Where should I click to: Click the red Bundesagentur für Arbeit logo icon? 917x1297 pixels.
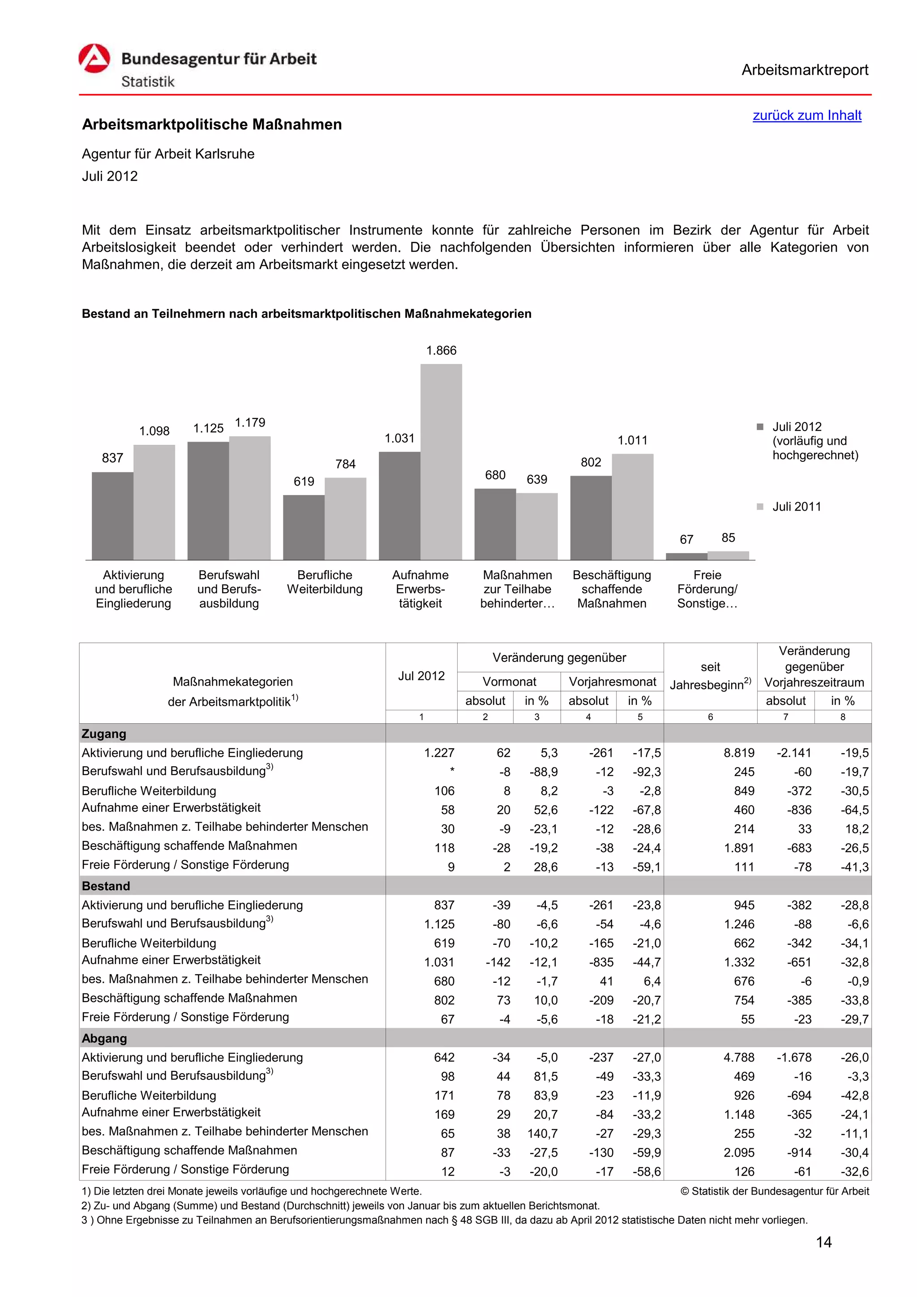point(94,59)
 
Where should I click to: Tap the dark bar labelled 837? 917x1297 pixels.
point(112,515)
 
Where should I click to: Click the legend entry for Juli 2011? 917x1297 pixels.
point(796,507)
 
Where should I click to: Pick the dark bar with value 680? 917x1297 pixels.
point(495,524)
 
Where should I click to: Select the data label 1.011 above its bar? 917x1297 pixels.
point(632,440)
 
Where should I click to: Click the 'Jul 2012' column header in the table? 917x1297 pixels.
point(421,676)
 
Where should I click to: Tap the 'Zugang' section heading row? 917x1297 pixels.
point(104,733)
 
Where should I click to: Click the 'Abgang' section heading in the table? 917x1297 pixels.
point(104,1038)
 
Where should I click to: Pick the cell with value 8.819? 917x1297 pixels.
point(738,752)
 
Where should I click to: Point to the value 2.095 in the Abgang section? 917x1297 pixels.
point(738,1152)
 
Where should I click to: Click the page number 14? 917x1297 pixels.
point(823,1242)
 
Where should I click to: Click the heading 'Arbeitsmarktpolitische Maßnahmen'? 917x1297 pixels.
point(212,124)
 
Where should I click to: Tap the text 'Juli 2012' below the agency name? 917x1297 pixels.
point(110,176)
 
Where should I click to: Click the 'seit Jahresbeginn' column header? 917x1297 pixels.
point(710,676)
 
